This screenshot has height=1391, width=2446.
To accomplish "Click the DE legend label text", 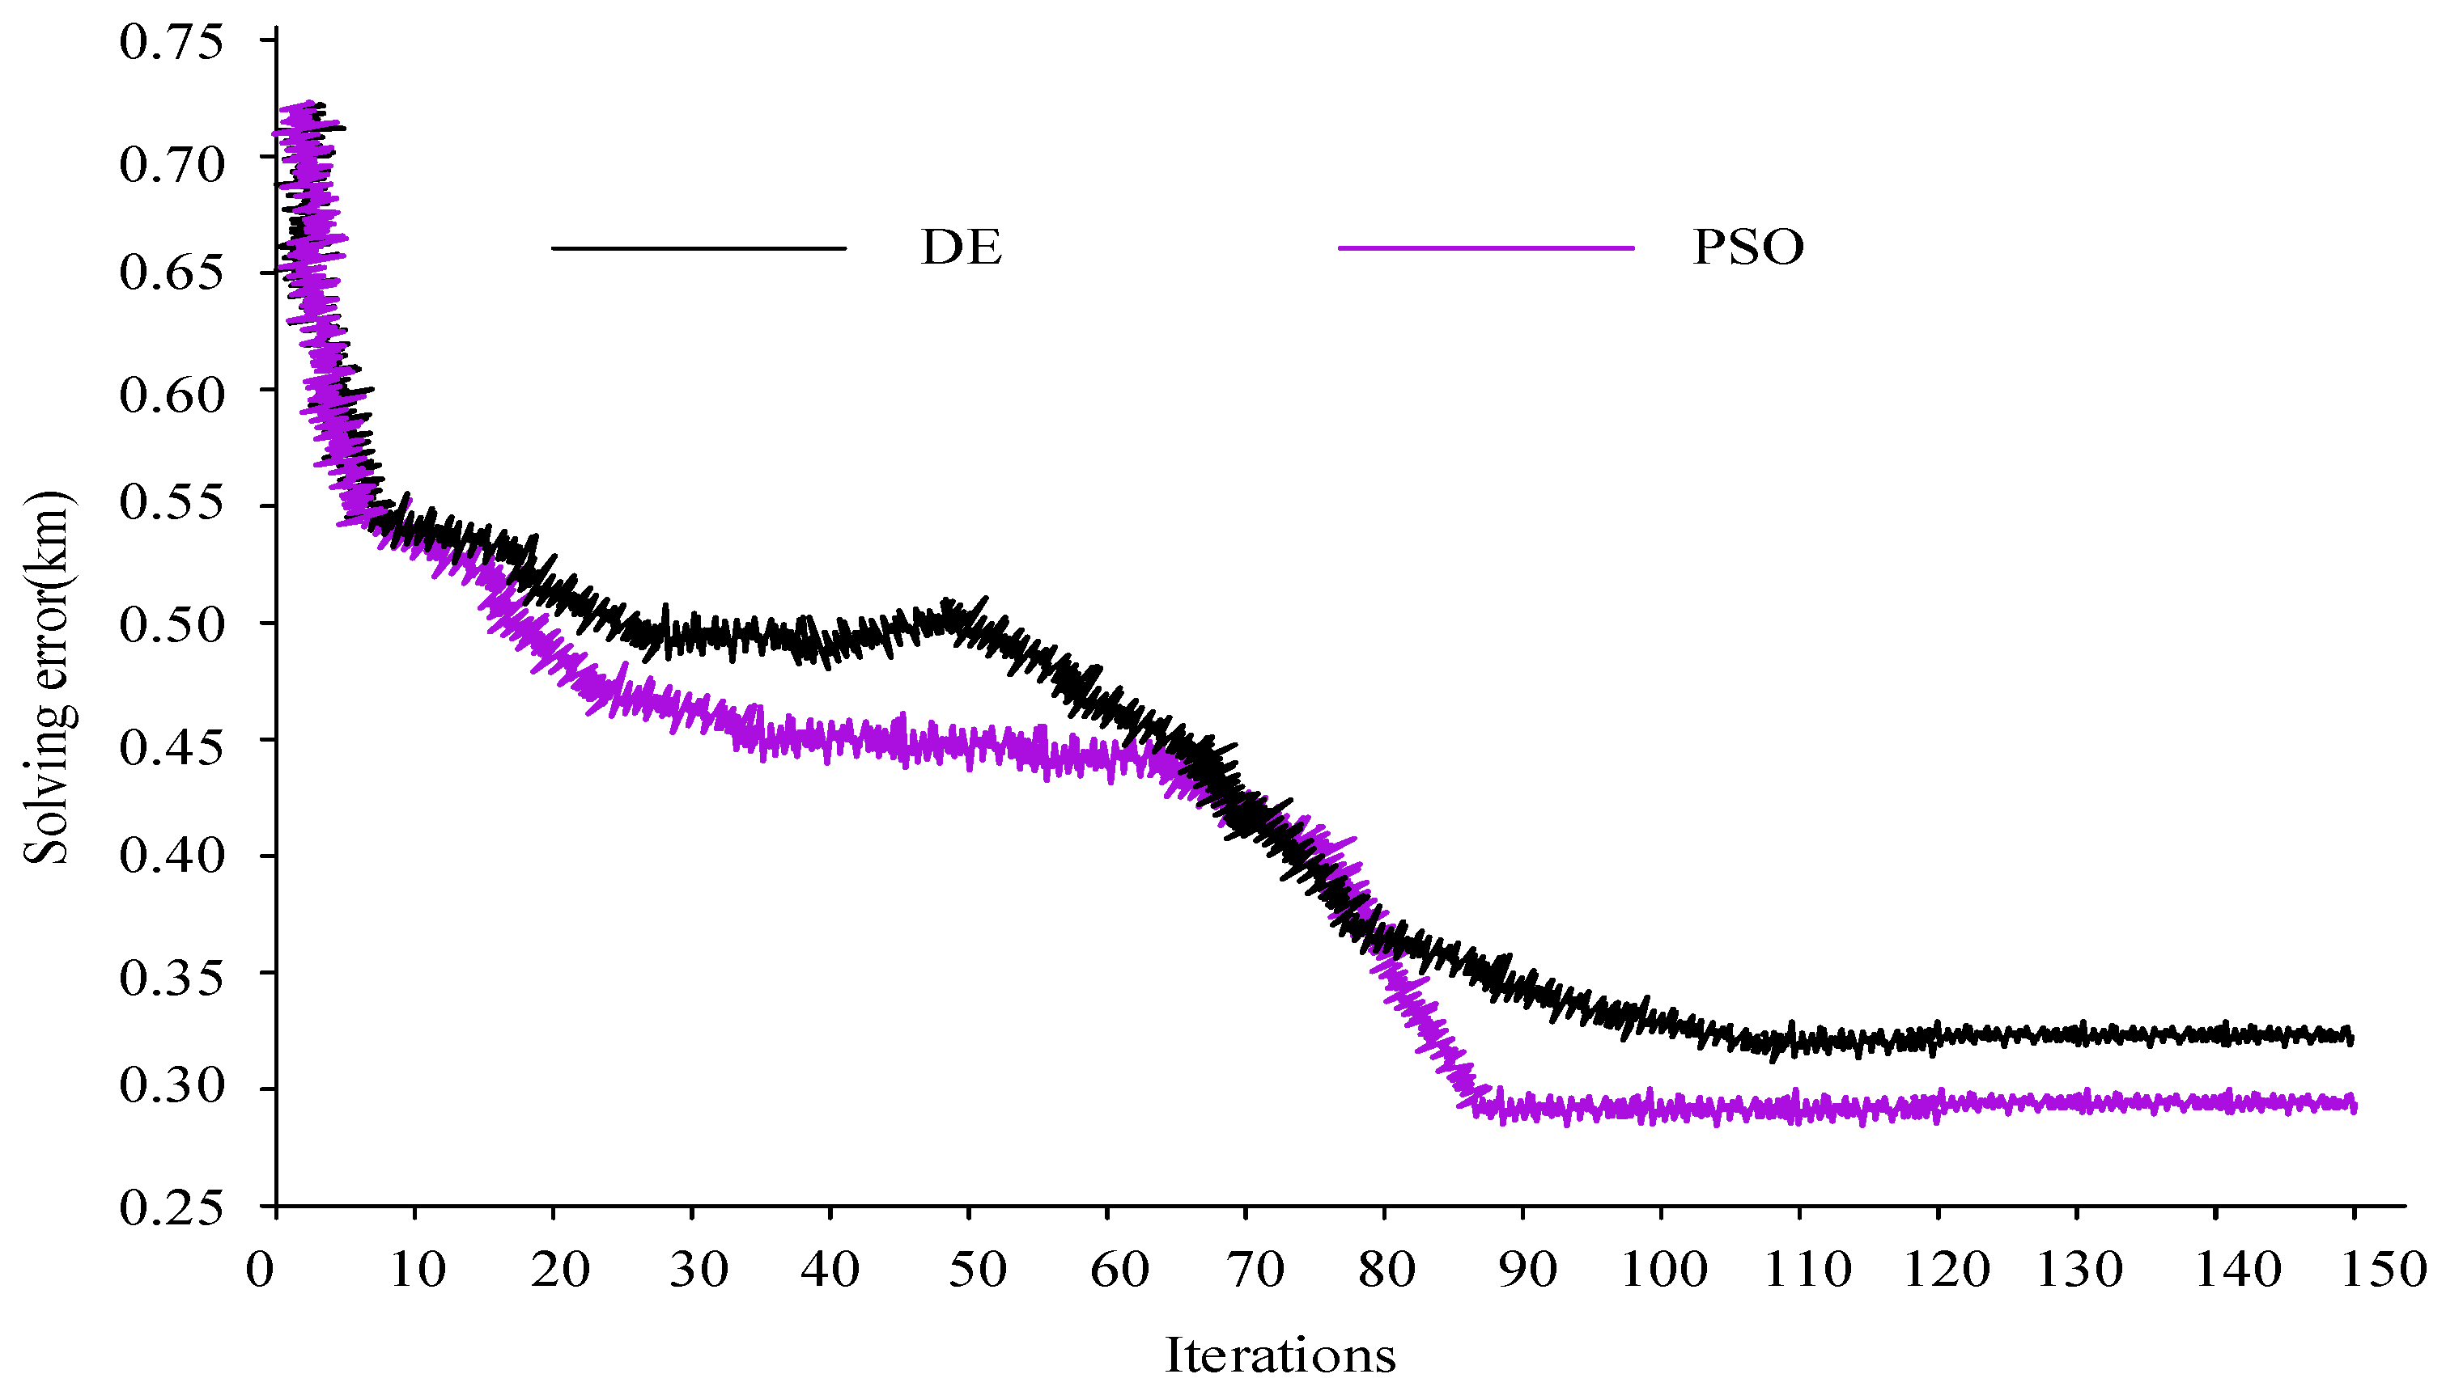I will (x=961, y=247).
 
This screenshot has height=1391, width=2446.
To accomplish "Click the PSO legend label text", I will (x=1747, y=247).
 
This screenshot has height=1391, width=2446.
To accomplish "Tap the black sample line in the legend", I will (x=699, y=248).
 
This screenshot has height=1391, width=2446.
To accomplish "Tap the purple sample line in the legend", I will (x=1485, y=248).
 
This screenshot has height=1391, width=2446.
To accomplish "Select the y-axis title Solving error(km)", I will (x=46, y=679).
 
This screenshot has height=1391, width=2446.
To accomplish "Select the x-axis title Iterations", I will (x=1280, y=1355).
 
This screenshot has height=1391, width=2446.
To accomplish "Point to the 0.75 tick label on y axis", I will (x=172, y=42).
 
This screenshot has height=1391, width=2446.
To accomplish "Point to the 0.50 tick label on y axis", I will (x=172, y=625).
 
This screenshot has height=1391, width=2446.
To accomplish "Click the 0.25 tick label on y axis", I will (x=172, y=1207).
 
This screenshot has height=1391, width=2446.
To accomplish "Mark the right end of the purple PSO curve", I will (x=2352, y=1105).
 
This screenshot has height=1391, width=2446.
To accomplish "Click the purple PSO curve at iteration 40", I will (x=830, y=738).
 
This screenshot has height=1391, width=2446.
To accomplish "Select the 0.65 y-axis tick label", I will (x=172, y=273).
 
